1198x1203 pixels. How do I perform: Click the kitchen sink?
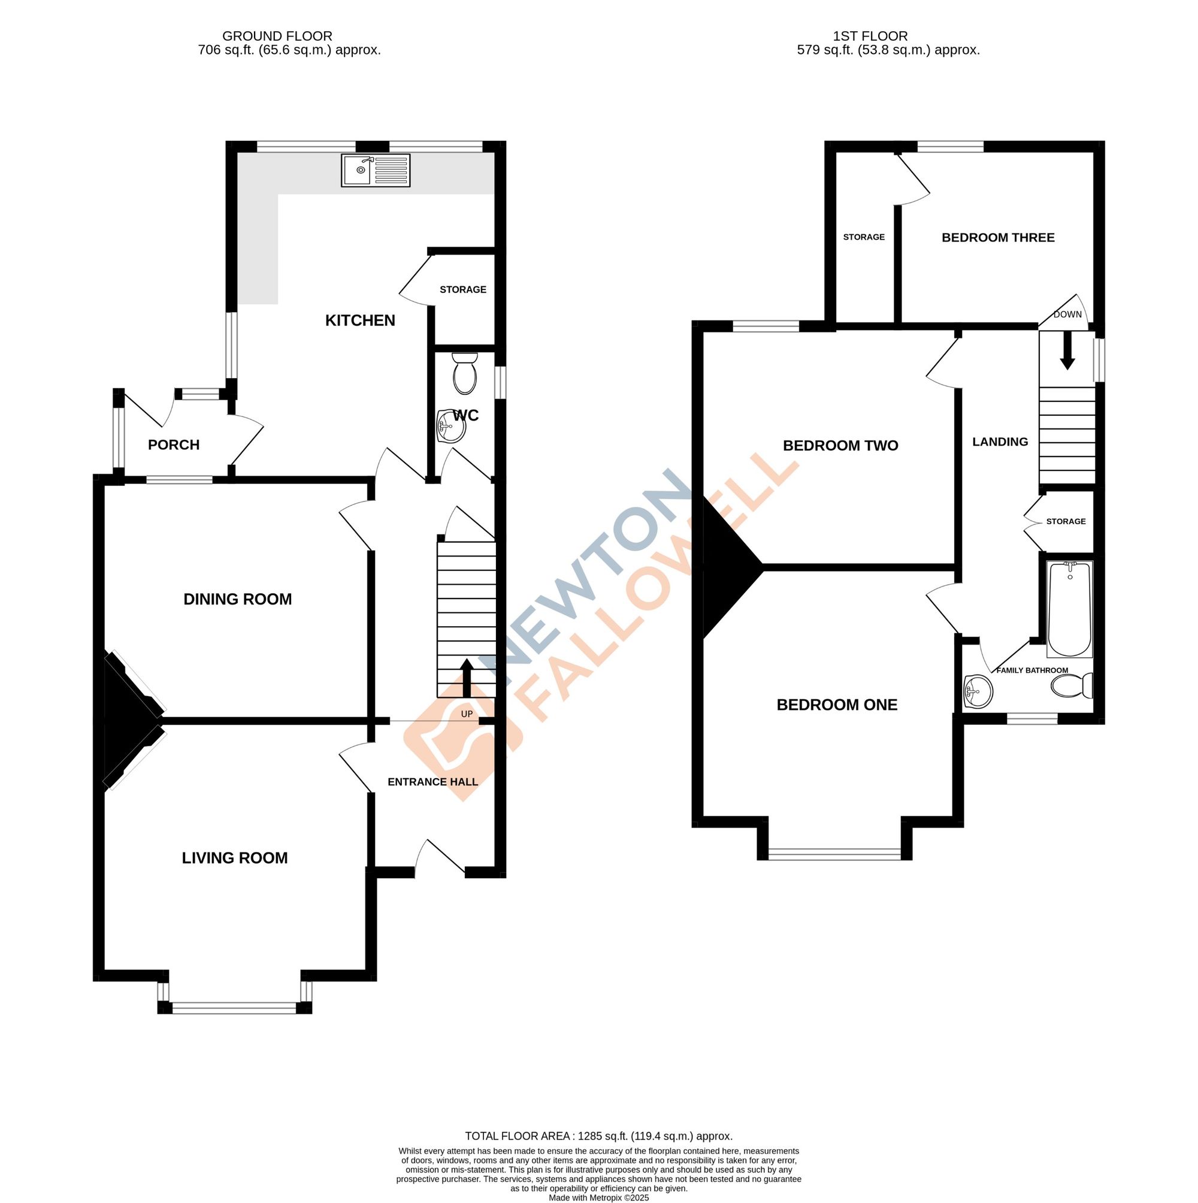[375, 170]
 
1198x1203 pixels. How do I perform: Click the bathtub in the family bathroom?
[1070, 609]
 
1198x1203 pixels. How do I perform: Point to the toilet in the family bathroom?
[1072, 686]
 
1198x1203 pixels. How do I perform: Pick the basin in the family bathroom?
[978, 692]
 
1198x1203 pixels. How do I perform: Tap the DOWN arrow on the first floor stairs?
[1067, 352]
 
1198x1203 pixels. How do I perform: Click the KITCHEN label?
[360, 321]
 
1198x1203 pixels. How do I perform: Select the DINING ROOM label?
[237, 599]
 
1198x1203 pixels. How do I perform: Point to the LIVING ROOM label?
[235, 858]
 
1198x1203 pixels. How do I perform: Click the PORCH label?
[174, 445]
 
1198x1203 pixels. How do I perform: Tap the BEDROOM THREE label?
[997, 237]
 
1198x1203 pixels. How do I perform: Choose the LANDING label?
[1000, 442]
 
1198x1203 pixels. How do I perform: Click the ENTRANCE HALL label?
[432, 782]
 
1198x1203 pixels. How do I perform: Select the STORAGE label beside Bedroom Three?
[864, 237]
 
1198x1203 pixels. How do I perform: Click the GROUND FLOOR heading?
[277, 36]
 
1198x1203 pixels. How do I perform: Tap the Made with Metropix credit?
[598, 1198]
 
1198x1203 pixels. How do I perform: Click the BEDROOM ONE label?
[837, 705]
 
